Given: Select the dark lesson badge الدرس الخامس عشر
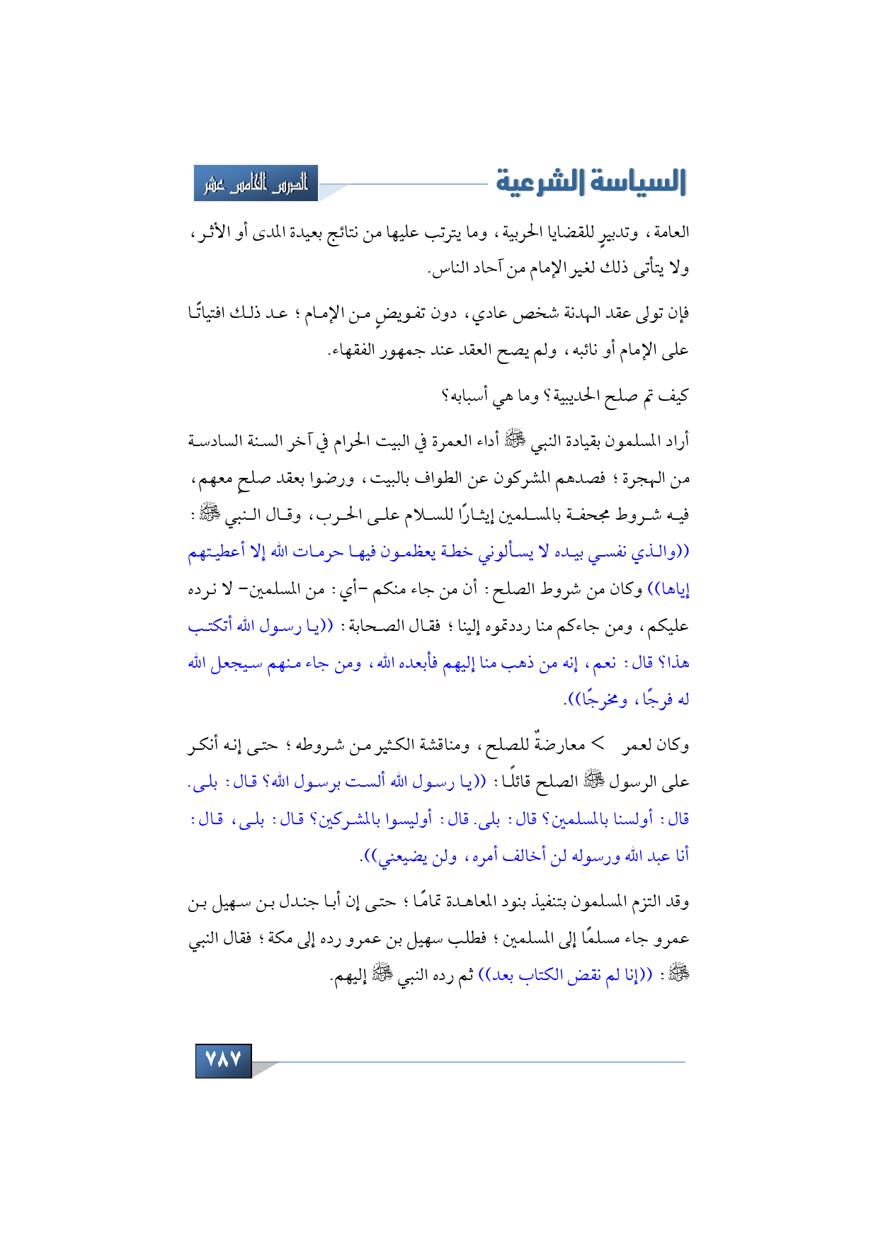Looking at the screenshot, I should (256, 183).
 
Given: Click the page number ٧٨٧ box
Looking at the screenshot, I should (223, 1059).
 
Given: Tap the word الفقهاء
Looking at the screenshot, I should (352, 350).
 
